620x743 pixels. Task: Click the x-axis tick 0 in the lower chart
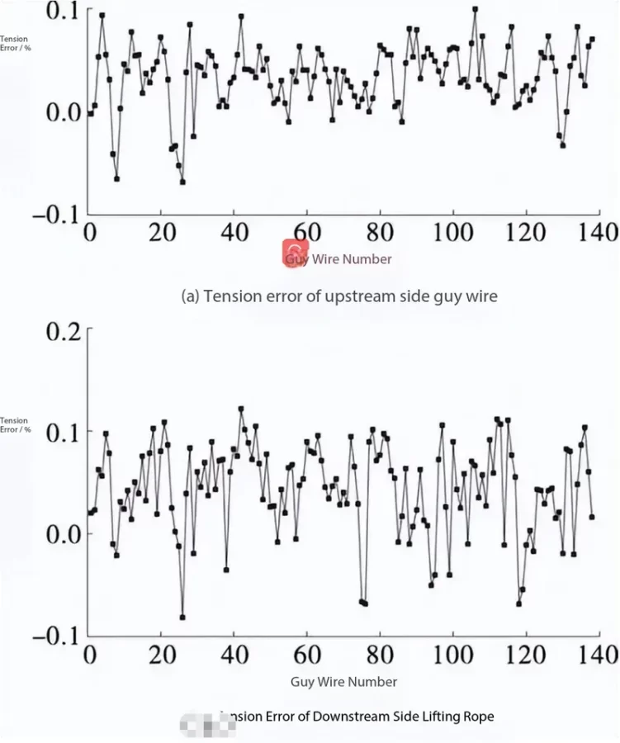coord(90,655)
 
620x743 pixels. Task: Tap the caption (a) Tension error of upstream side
coord(339,296)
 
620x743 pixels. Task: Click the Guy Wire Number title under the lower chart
coord(343,682)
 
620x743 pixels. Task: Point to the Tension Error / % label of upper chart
coord(15,43)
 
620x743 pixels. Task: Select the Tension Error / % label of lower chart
coord(15,425)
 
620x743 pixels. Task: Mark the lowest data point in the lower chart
coord(182,617)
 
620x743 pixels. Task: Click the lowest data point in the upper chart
coord(182,182)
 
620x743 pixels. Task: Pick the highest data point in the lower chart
coord(241,409)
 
